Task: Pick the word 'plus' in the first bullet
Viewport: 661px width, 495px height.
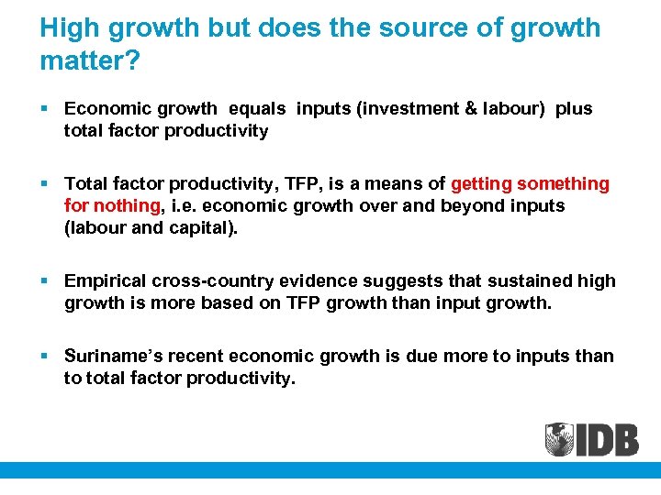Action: (x=575, y=108)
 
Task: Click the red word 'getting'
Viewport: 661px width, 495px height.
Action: (x=482, y=183)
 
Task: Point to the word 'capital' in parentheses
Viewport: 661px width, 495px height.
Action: (x=198, y=227)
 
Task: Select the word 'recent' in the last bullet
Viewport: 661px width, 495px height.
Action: (x=195, y=356)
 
